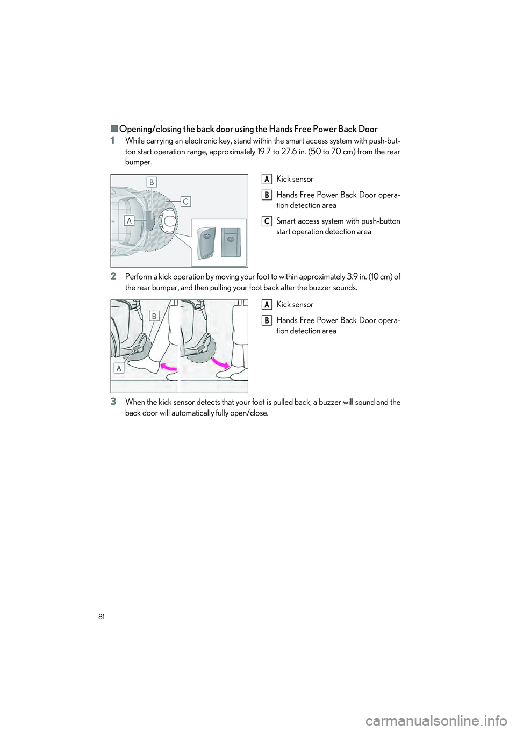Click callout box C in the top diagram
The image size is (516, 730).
185,201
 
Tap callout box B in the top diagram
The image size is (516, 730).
152,182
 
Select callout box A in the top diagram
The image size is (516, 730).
129,220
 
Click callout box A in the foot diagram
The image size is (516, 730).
119,368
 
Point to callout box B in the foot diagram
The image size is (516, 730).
154,317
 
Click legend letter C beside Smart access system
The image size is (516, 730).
267,221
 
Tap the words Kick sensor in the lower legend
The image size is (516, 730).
295,305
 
